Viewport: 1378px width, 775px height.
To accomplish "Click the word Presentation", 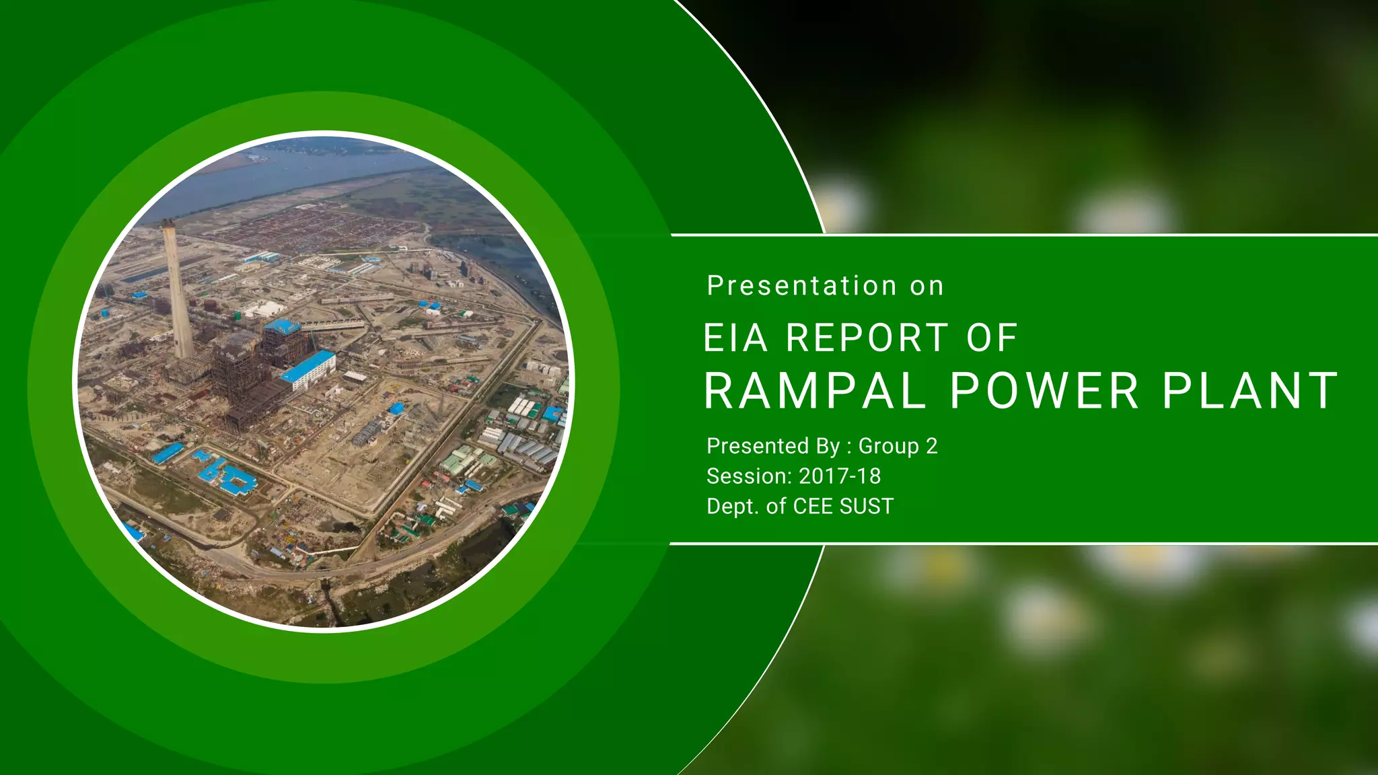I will point(801,286).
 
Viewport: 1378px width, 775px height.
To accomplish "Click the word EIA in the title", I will point(735,338).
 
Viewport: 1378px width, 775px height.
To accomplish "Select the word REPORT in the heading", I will point(867,338).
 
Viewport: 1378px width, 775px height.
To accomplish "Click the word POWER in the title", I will point(1044,391).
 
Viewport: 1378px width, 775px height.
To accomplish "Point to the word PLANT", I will point(1250,391).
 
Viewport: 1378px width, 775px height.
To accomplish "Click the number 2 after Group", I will point(932,446).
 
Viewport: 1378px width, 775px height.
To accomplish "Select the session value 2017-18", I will point(840,476).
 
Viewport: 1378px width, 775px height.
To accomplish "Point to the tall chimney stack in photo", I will point(177,289).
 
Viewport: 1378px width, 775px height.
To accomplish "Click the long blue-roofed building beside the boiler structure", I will point(307,369).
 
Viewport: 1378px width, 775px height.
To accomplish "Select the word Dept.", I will point(733,507).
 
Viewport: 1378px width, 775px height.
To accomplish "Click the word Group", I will point(888,446).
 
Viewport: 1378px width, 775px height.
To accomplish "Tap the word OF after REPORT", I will point(992,338).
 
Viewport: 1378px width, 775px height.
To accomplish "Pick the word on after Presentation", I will point(927,287).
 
